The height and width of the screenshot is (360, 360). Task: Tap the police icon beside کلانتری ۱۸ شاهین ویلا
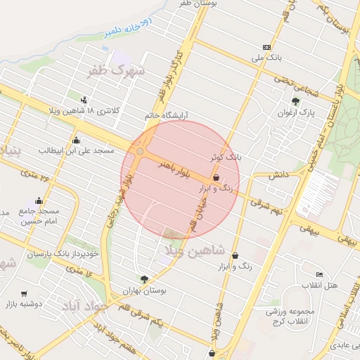click(85, 99)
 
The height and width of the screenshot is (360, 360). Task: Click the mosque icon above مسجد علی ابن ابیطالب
click(76, 140)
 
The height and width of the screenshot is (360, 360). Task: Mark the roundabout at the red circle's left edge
click(141, 151)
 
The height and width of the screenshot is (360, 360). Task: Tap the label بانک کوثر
click(225, 157)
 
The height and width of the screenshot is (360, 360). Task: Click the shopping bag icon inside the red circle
click(216, 178)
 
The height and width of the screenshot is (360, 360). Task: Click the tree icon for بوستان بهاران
click(145, 279)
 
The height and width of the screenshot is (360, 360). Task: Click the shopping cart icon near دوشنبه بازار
click(25, 293)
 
